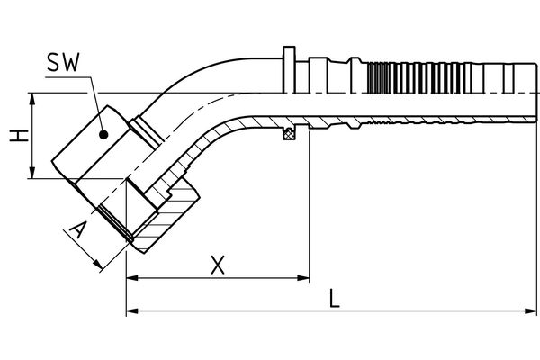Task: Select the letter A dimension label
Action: pos(79,233)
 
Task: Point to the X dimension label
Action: pos(216,265)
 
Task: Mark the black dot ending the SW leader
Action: pos(104,134)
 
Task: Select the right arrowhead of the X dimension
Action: pos(303,278)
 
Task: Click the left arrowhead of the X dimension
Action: pos(132,278)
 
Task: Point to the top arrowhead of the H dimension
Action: pos(32,98)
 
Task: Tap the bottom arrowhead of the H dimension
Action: pos(32,173)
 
